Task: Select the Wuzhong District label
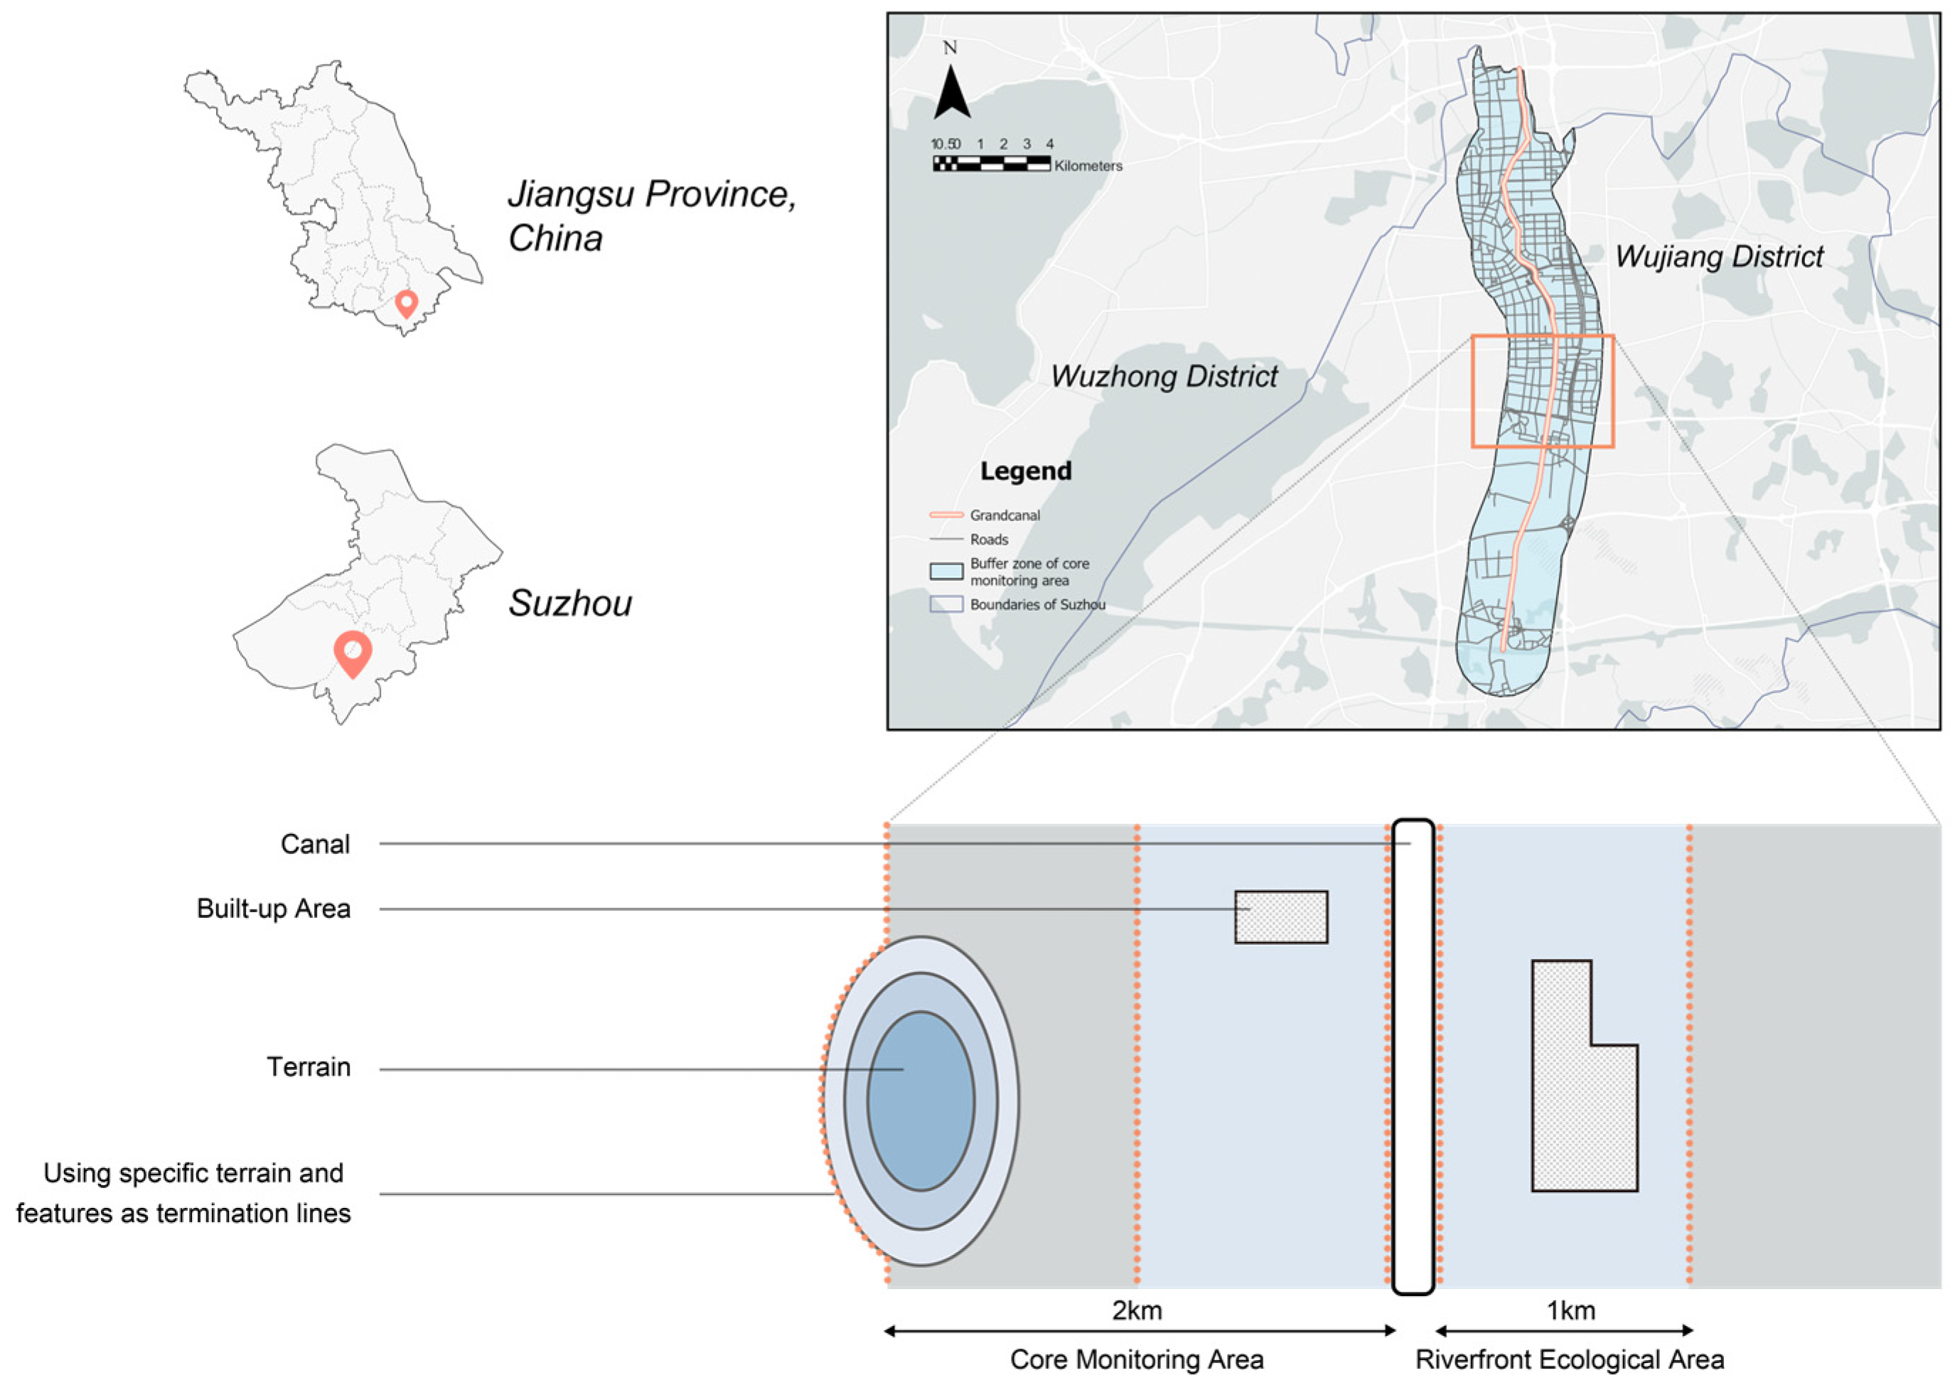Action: (1163, 376)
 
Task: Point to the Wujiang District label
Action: (1718, 256)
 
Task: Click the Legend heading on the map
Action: (1025, 471)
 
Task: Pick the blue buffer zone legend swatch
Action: (946, 572)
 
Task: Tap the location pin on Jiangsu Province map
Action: (407, 303)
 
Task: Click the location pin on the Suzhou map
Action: (352, 653)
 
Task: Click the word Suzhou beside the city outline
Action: (569, 604)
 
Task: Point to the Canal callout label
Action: (315, 845)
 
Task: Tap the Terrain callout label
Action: (308, 1067)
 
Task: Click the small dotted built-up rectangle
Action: (1280, 916)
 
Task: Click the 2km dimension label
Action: (1137, 1310)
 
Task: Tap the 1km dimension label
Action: (1570, 1310)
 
